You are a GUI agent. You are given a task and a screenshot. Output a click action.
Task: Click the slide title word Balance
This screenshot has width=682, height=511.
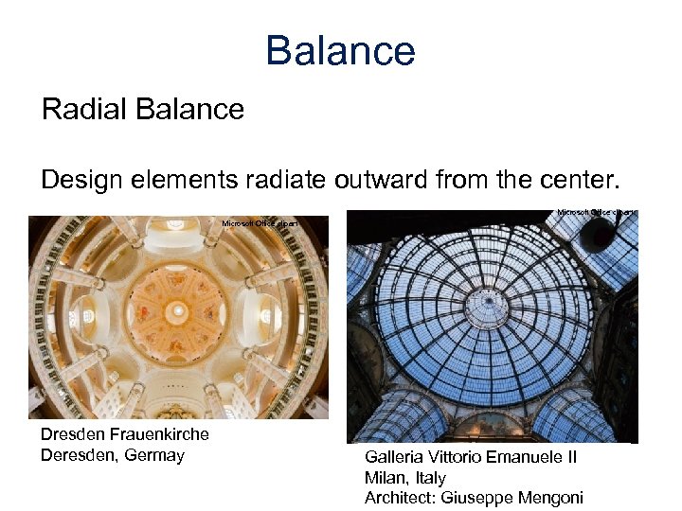pos(340,50)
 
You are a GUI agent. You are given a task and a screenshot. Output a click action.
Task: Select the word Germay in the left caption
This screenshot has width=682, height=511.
pos(154,455)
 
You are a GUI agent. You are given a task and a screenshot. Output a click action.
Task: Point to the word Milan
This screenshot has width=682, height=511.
pos(386,478)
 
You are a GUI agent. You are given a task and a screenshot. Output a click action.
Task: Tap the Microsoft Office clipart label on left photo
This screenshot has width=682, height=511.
pos(259,223)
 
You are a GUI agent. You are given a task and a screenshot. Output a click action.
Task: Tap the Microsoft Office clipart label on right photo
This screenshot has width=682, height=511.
pos(596,212)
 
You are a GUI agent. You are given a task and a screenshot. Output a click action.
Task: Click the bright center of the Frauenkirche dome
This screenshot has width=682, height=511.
pos(177,310)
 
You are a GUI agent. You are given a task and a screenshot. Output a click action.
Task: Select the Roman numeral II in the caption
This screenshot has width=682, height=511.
pos(571,457)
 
